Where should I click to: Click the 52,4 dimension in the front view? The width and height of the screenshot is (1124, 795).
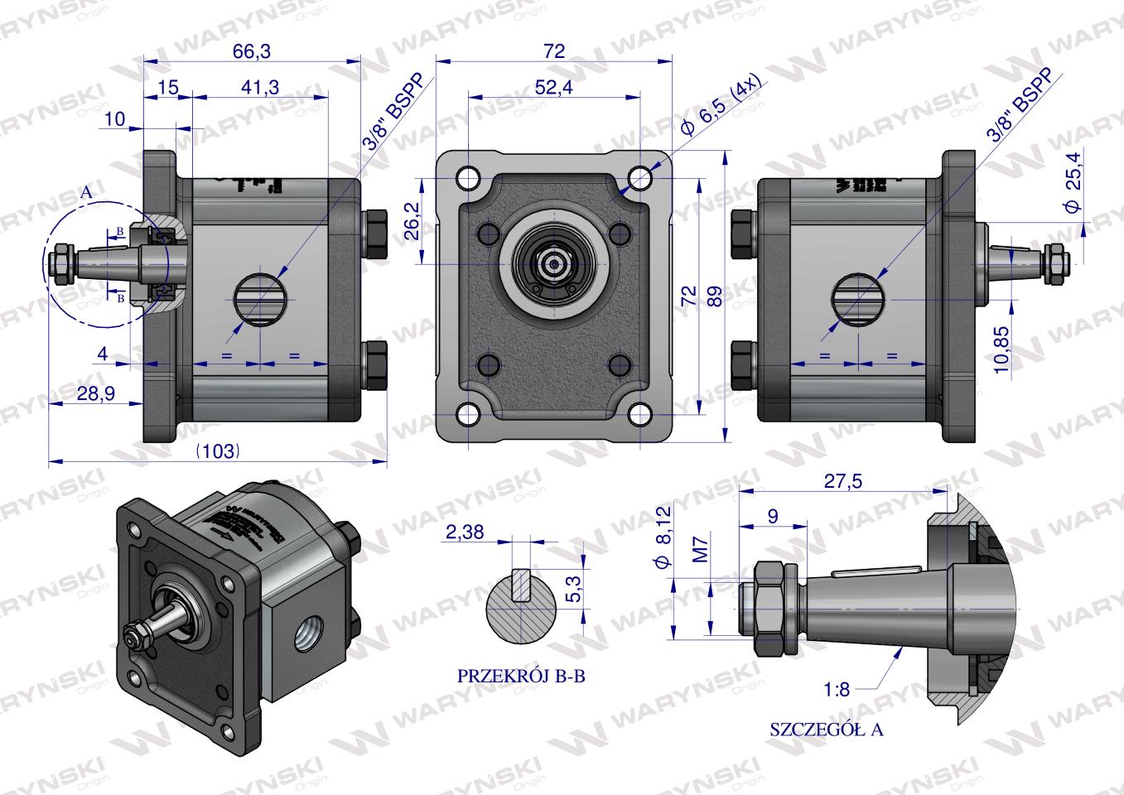(554, 87)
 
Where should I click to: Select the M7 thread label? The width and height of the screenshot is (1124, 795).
(700, 548)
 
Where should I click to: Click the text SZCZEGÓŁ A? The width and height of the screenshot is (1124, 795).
(826, 730)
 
